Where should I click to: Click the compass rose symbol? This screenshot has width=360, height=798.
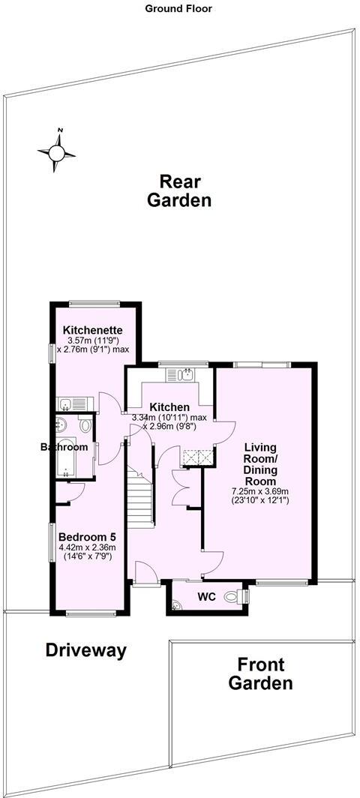tap(57, 152)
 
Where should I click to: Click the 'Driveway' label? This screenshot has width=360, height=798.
tap(85, 650)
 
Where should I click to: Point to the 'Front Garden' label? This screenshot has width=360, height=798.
tap(260, 673)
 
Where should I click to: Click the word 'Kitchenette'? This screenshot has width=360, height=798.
tap(92, 330)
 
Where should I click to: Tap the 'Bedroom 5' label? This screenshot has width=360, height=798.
tap(87, 538)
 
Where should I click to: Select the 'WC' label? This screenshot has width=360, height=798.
tap(207, 598)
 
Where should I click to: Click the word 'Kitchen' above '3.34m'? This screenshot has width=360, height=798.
tap(164, 407)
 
